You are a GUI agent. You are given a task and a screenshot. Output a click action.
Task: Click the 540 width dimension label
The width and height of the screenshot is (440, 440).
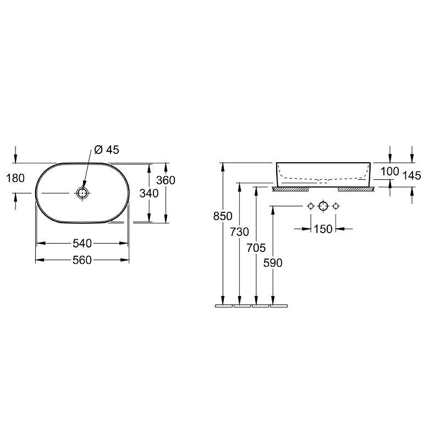click(82, 243)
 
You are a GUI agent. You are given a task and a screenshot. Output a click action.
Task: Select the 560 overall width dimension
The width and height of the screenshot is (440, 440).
click(82, 260)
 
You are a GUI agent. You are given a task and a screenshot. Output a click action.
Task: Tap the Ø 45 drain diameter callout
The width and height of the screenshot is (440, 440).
click(107, 150)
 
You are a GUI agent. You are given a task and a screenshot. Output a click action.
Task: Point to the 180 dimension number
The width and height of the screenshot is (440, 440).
click(15, 178)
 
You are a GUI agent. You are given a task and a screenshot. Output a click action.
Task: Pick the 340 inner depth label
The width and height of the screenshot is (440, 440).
click(149, 194)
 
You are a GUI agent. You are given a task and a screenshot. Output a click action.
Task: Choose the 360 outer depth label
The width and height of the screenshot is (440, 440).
click(166, 180)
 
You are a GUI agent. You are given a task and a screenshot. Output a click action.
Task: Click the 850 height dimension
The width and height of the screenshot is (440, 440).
click(223, 216)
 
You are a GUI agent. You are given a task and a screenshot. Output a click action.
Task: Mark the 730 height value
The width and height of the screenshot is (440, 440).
click(239, 232)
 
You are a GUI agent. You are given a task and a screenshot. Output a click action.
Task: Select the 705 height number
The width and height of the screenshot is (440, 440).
click(256, 248)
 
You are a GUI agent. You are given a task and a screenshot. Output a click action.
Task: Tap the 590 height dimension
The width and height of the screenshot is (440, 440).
click(273, 263)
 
